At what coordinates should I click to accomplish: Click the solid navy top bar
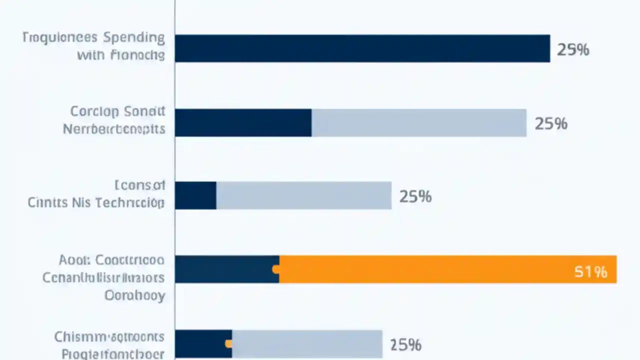362,48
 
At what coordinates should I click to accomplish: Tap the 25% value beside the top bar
573,49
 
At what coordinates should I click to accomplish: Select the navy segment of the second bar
243,123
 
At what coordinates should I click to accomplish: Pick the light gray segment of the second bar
419,123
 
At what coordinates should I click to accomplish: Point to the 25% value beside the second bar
551,123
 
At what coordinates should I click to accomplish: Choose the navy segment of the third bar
195,195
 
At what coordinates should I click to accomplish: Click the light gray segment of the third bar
303,195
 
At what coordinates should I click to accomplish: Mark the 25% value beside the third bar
415,196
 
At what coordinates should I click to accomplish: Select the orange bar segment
447,269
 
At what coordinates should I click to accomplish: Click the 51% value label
590,271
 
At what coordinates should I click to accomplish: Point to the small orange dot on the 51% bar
275,269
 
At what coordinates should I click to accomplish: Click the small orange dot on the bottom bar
228,343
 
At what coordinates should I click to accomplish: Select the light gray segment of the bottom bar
307,343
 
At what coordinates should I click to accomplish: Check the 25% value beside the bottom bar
405,344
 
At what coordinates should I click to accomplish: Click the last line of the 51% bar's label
134,295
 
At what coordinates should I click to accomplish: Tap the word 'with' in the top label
91,55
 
